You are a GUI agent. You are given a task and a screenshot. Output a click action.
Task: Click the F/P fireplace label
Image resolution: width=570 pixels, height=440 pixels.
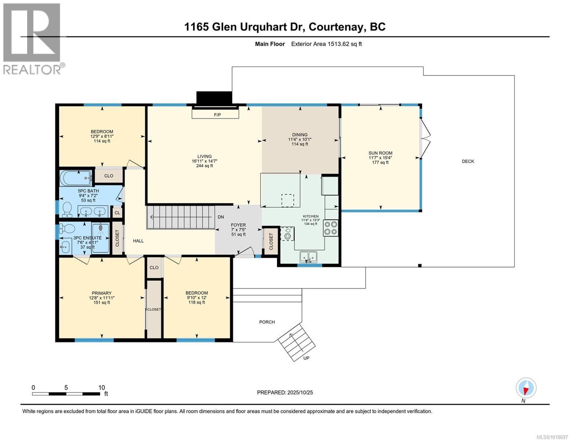217,115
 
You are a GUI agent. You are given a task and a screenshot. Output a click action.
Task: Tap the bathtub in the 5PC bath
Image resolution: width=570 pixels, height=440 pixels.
76,179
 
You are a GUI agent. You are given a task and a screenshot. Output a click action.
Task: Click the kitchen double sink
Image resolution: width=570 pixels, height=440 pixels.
308,257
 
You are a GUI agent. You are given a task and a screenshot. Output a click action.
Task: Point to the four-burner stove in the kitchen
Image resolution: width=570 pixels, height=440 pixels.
331,227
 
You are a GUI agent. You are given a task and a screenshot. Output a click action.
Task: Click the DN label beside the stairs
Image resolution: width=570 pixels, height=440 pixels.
221,217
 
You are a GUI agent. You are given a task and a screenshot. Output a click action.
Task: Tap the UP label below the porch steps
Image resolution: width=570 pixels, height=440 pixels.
306,358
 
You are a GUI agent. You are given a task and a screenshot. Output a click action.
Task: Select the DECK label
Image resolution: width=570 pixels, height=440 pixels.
468,161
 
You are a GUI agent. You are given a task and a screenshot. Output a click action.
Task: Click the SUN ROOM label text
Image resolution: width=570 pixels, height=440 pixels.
380,153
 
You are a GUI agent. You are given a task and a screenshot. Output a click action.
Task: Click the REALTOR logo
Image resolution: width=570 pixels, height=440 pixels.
32,38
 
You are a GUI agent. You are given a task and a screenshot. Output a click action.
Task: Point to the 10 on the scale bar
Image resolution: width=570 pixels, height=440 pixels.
101,388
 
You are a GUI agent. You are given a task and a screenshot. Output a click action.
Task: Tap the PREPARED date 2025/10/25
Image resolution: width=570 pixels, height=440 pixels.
299,392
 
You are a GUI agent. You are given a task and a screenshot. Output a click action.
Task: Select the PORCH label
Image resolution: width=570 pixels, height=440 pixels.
267,322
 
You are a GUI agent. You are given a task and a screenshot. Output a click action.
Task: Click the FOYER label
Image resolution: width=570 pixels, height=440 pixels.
238,225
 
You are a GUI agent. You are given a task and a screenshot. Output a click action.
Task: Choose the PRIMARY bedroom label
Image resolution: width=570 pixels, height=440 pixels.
102,293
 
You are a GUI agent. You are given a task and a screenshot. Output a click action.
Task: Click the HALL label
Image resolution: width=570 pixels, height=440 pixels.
138,241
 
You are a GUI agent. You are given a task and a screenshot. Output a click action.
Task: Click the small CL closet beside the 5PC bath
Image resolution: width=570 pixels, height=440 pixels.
117,213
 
